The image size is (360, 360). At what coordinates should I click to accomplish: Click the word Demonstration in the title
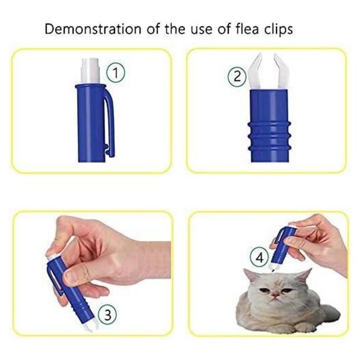(93, 30)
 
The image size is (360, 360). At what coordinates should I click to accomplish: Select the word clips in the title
(279, 30)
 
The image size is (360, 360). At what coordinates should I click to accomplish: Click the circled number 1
(116, 73)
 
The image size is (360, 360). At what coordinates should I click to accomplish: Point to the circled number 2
(237, 77)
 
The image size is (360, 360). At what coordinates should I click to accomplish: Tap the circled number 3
(107, 315)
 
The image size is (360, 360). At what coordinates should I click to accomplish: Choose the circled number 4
(259, 258)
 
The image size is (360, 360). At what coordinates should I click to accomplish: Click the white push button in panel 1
(91, 71)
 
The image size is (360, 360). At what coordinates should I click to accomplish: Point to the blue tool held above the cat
(282, 247)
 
